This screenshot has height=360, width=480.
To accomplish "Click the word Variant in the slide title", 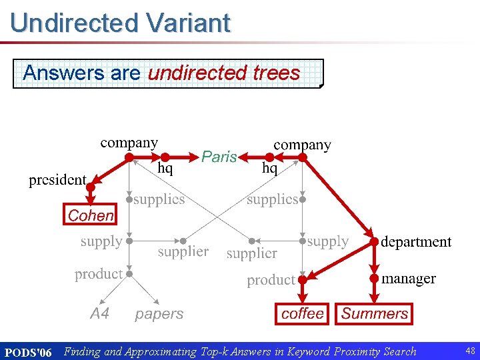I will (x=188, y=23).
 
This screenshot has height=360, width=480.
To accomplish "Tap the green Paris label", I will (x=219, y=157).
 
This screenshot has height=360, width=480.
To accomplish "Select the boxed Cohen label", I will (x=91, y=215).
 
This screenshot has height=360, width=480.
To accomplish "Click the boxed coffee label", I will (x=303, y=313).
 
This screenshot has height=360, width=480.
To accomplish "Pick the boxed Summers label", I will (x=375, y=313).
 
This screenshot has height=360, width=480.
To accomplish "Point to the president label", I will (x=57, y=180).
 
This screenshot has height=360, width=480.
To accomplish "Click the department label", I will (x=416, y=241).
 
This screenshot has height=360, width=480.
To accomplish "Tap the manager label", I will (x=409, y=279).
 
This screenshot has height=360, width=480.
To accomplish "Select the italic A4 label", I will (x=99, y=313).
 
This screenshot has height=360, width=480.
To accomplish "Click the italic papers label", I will (x=159, y=313).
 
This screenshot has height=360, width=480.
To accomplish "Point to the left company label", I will (x=129, y=142).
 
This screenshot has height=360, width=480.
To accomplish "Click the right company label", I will (x=302, y=145).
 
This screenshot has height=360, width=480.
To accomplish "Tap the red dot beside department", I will (x=375, y=241).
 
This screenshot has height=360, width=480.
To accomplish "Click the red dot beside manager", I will (x=375, y=278).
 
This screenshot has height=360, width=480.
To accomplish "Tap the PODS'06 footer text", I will (x=28, y=352).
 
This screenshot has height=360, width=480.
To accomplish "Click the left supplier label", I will (x=183, y=251).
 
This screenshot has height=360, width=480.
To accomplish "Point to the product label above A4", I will (x=98, y=274).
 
